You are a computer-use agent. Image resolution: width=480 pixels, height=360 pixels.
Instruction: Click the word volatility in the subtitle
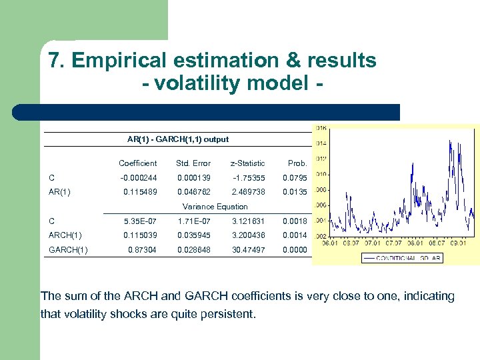[199, 84]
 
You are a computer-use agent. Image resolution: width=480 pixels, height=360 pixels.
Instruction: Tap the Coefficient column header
[137, 163]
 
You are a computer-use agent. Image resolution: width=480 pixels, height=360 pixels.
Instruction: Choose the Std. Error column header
[193, 163]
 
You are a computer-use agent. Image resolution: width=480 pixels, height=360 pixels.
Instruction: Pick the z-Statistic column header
[247, 163]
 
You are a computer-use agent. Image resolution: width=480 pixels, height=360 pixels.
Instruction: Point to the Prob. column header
[297, 163]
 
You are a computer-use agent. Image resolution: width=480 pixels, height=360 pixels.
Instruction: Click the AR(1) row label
[61, 191]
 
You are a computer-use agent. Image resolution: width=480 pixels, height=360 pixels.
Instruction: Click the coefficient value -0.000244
[139, 178]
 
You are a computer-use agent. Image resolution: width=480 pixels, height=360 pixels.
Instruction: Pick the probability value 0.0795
[295, 178]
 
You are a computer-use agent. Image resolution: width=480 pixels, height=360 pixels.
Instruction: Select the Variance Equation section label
[215, 207]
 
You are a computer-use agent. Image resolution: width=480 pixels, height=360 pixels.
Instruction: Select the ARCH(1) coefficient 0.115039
[140, 235]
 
